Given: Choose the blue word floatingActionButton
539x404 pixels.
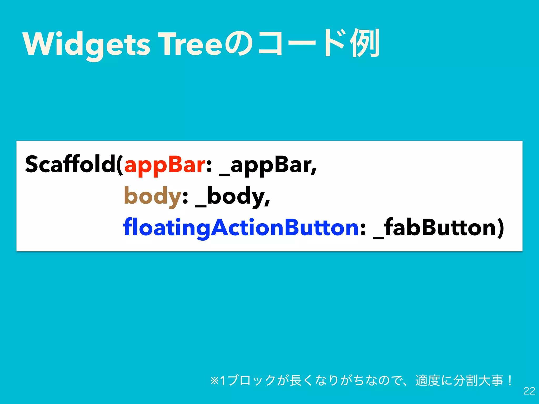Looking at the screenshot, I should click(x=241, y=228).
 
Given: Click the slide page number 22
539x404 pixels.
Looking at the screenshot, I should click(x=529, y=391).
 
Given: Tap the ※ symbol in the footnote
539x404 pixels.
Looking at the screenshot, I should click(x=214, y=381).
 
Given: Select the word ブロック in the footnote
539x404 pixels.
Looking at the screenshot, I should click(x=251, y=381).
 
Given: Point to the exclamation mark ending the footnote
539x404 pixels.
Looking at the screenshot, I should click(x=510, y=380).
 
